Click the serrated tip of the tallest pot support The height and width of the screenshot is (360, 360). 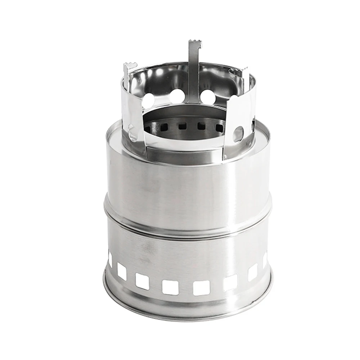point(195,44)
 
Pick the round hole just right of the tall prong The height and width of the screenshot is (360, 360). point(208,96)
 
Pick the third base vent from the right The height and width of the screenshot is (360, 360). point(230,283)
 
